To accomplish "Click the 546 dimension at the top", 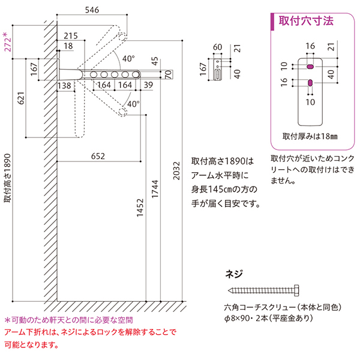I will [x=92, y=10].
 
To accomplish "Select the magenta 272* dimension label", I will [x=7, y=42].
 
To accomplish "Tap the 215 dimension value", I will [x=71, y=35].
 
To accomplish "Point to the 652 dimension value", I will [x=99, y=156].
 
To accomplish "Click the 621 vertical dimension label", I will [x=22, y=102].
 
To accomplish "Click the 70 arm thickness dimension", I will [x=169, y=74].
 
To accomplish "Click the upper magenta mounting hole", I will [x=310, y=63].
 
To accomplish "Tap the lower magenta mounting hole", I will [x=310, y=82].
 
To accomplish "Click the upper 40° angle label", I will [x=129, y=59].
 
